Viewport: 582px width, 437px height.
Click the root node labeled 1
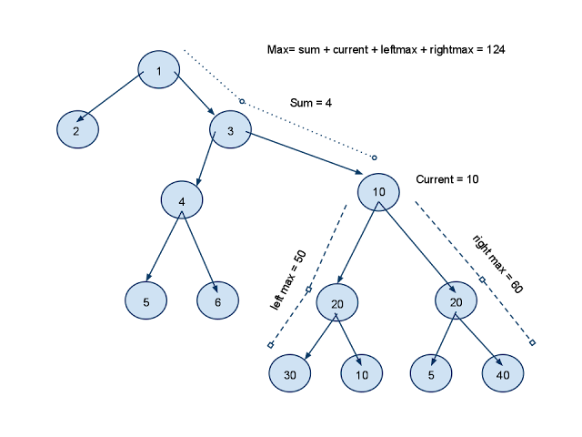(x=159, y=71)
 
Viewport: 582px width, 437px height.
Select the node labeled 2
(x=77, y=130)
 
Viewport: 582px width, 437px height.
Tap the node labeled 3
(x=231, y=130)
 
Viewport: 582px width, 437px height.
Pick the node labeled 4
(x=182, y=200)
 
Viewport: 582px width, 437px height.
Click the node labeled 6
(x=218, y=300)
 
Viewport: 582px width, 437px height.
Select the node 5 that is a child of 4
(x=146, y=300)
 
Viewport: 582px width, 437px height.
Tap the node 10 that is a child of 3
(x=378, y=191)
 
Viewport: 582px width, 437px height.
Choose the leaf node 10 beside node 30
(x=362, y=373)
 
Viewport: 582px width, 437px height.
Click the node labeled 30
(x=289, y=373)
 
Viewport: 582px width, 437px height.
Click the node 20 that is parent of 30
(x=337, y=302)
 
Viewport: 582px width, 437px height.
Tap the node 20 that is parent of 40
(x=457, y=300)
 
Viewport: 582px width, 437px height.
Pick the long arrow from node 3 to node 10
(x=306, y=153)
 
